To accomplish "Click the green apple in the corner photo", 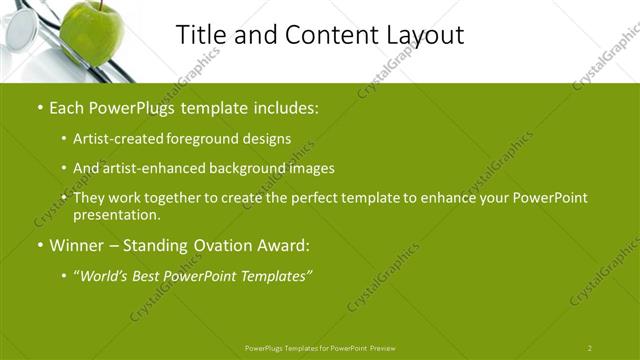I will (x=91, y=34).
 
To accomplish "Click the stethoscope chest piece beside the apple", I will (x=20, y=30).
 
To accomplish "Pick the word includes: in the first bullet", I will (x=286, y=105).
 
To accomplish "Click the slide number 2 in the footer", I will (x=589, y=348).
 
